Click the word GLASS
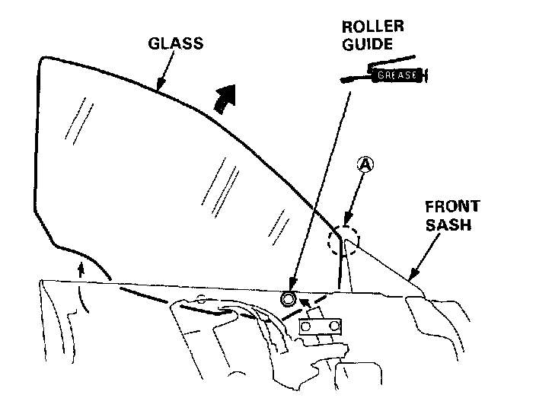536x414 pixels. click(175, 43)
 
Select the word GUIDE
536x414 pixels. click(367, 44)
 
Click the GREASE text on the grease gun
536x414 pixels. click(397, 75)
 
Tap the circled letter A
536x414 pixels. click(365, 163)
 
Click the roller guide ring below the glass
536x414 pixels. click(289, 299)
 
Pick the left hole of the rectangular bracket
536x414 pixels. click(306, 326)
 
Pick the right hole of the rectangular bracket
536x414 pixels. click(333, 326)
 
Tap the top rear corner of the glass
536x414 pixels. click(43, 59)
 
